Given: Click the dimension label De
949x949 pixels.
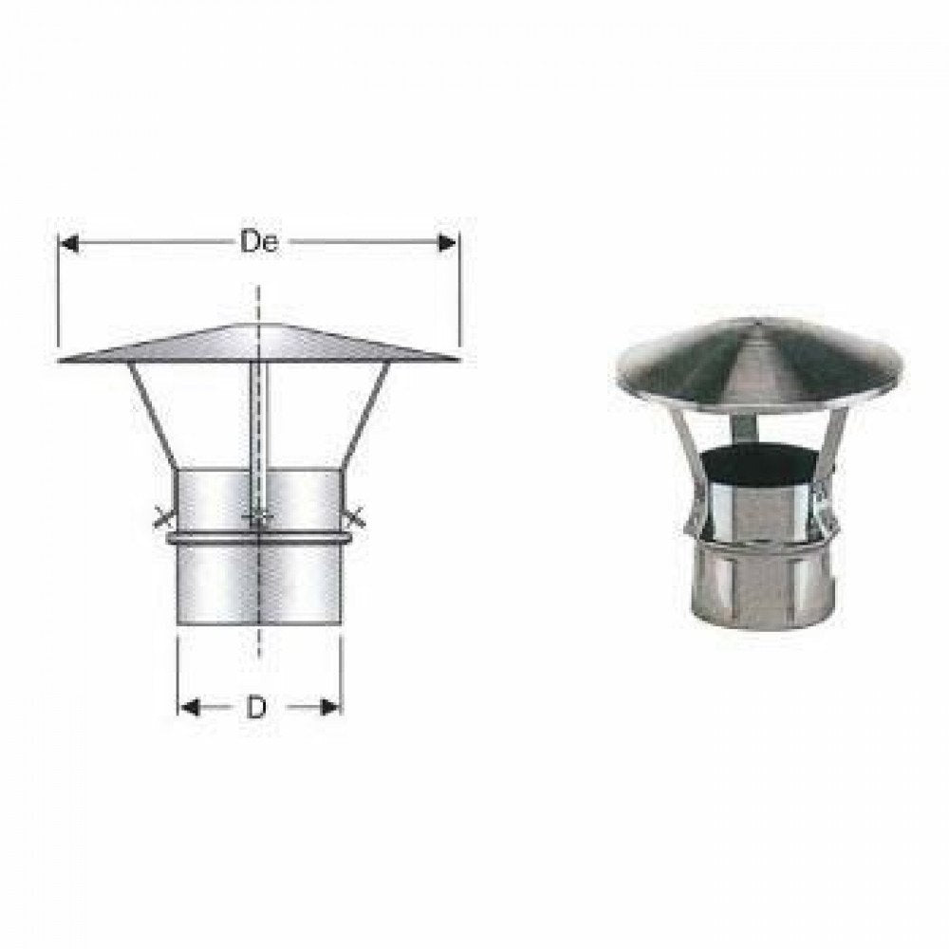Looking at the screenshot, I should [257, 243].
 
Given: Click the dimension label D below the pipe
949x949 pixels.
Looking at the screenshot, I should [256, 708].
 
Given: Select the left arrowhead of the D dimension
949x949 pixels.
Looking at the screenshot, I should [189, 708].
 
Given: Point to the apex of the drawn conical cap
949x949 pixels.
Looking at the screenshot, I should [257, 326].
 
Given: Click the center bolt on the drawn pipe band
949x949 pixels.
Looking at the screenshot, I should [256, 519].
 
